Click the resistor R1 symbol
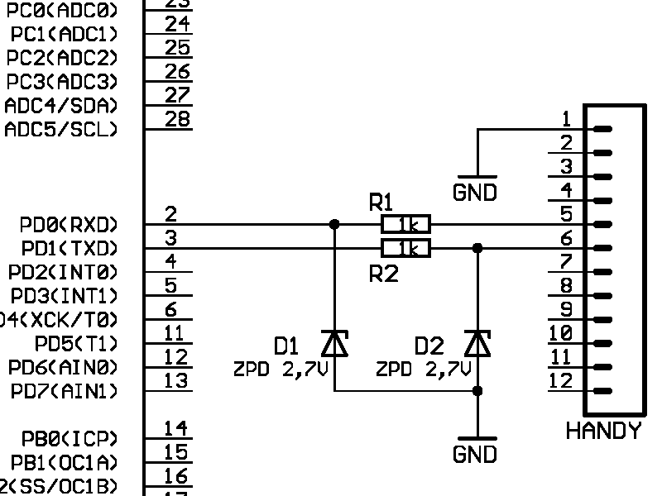point(405,224)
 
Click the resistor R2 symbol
point(405,248)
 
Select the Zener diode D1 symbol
point(334,342)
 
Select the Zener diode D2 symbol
point(477,342)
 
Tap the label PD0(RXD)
point(70,225)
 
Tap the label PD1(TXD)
point(70,249)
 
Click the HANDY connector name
point(603,431)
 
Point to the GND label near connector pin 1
point(475,193)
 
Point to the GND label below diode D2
point(475,454)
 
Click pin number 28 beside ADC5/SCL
point(177,119)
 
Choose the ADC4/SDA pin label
point(61,106)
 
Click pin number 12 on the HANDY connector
point(561,381)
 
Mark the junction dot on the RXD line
point(334,224)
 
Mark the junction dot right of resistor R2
point(477,248)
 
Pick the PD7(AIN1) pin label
point(65,391)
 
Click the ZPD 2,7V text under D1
point(281,370)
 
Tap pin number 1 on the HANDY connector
point(566,118)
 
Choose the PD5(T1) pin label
point(76,343)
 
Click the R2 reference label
point(383,274)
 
